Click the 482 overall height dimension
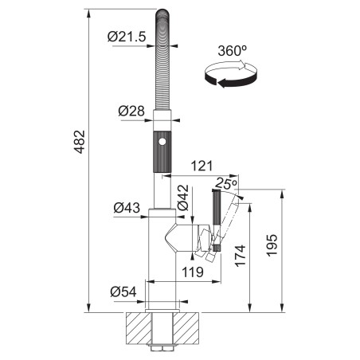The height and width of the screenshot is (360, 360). click(80, 142)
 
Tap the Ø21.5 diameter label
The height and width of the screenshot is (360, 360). click(127, 37)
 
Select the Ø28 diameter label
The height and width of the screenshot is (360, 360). click(131, 111)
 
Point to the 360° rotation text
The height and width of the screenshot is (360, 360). click(233, 50)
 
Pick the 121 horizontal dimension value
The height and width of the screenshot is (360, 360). click(202, 166)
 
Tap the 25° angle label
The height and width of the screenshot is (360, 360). click(226, 183)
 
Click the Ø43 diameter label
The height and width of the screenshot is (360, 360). click(127, 208)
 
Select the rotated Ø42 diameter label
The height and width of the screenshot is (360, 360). click(183, 198)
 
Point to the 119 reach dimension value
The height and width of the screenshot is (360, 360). click(193, 272)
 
